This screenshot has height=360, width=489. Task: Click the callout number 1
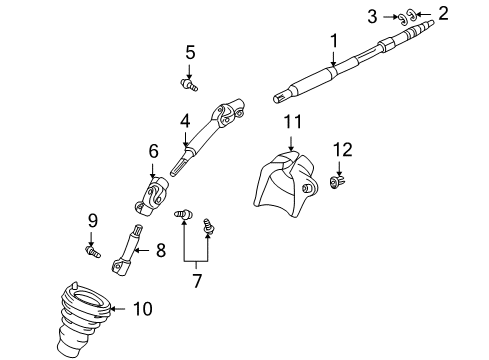(x=334, y=39)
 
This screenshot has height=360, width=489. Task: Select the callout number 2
(x=444, y=13)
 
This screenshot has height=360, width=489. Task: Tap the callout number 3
(x=371, y=15)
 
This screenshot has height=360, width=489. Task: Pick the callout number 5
(x=190, y=52)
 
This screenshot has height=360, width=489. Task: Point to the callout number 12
(x=342, y=149)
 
